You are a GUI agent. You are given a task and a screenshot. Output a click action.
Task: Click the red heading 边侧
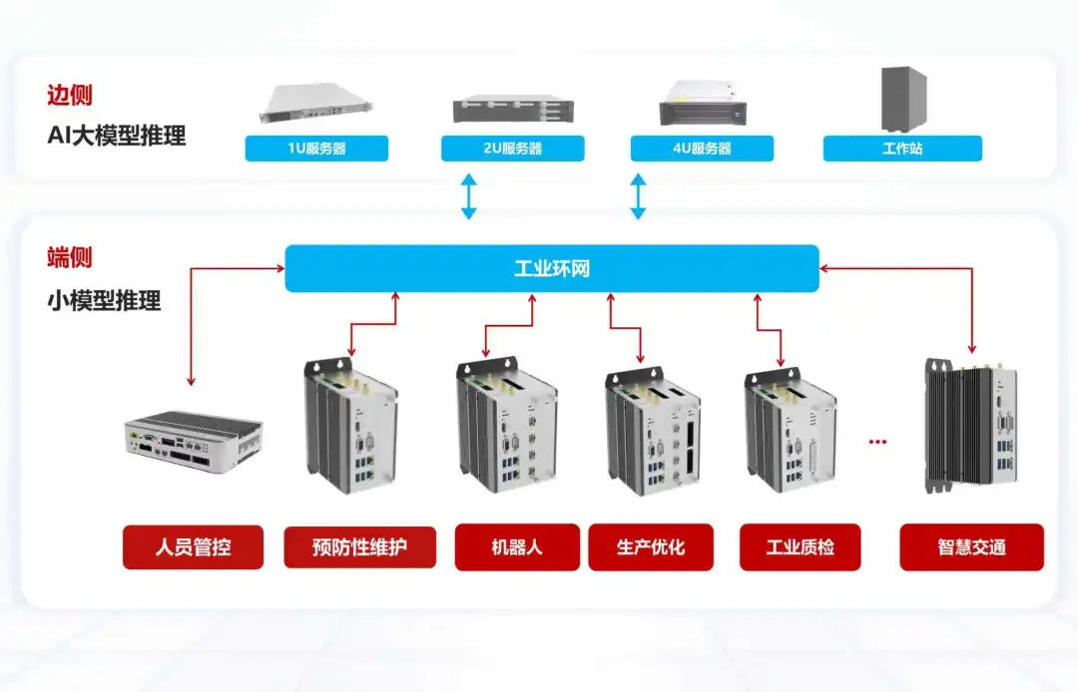click(70, 96)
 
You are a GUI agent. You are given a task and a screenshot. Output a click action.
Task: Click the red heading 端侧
click(70, 257)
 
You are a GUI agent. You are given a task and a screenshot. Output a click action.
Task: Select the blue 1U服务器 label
click(316, 149)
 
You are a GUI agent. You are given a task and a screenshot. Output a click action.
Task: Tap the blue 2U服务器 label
click(512, 149)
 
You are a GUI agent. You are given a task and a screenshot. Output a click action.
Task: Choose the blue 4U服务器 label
click(702, 149)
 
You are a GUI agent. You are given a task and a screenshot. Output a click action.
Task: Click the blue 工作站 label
click(902, 149)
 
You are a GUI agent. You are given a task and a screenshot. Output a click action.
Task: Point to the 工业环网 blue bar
click(552, 269)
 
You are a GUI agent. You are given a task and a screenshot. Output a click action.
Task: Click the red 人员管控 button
click(193, 547)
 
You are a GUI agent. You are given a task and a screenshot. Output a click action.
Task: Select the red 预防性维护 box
click(359, 547)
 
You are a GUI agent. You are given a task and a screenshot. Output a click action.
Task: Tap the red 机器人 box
click(517, 547)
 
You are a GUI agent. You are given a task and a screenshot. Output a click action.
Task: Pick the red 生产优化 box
click(651, 547)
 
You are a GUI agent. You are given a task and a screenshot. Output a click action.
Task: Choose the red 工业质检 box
click(800, 547)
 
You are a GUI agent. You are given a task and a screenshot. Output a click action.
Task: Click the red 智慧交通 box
click(971, 547)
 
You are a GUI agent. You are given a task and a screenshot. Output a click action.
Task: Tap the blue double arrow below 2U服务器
click(468, 196)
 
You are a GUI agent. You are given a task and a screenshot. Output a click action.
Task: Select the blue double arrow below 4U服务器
click(638, 196)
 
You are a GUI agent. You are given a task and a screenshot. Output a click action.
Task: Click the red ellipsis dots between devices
click(877, 442)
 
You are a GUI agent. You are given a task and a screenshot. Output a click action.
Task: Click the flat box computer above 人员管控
click(193, 439)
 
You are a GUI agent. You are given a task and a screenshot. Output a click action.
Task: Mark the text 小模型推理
click(104, 300)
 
